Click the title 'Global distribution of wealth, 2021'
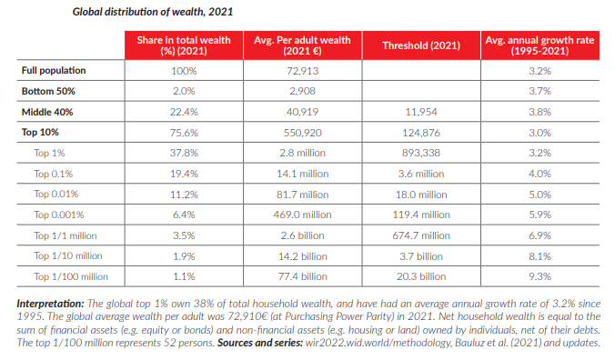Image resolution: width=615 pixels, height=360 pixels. coord(153,12)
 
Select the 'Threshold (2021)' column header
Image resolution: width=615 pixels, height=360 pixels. coord(421,45)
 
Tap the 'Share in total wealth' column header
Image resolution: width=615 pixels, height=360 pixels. coord(184,45)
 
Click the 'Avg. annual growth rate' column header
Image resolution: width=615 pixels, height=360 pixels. coord(539,45)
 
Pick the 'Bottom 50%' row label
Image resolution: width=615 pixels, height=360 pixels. coord(48,91)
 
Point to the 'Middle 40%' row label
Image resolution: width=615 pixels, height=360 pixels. coord(47,112)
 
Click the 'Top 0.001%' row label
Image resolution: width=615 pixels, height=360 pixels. coord(59,215)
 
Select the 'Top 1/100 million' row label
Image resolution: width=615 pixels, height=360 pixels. coord(71,276)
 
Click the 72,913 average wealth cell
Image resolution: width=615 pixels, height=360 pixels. coord(302,71)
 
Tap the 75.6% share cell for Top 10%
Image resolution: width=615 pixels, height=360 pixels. coord(184,133)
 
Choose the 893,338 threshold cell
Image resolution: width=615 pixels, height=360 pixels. coord(421,153)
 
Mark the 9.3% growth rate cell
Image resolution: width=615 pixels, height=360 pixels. coord(539,276)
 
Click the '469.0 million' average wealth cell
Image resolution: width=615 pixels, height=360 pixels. coord(302,215)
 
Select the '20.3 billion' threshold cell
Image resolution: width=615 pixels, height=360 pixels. coord(421,276)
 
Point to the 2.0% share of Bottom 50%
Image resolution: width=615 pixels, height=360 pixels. coord(184,91)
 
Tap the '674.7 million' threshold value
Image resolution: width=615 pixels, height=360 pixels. coord(421,235)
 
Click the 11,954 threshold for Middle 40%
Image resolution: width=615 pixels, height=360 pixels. coord(421,112)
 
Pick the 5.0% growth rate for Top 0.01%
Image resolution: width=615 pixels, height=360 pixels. coord(539,195)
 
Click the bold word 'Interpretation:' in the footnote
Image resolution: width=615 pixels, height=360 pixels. coord(50,304)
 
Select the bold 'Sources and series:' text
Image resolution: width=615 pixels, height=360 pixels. coord(260,343)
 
